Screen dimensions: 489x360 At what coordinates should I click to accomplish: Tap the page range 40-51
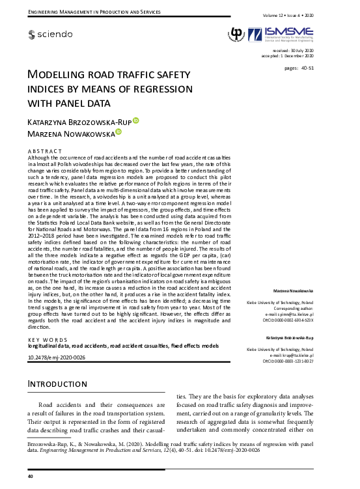pos(299,68)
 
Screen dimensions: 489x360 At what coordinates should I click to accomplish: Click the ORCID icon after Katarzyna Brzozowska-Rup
pos(136,120)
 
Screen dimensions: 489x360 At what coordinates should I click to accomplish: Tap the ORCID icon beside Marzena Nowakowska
pos(118,132)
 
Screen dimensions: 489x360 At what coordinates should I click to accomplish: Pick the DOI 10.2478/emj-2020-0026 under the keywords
pos(57,358)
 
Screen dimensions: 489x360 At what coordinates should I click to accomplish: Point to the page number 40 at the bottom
pos(30,477)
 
